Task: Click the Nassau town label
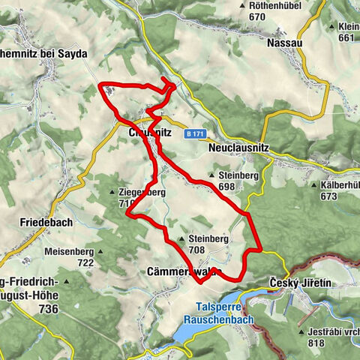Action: (x=285, y=43)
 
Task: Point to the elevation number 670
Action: (x=258, y=16)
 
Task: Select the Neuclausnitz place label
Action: (x=237, y=149)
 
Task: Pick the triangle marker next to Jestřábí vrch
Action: (x=300, y=331)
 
